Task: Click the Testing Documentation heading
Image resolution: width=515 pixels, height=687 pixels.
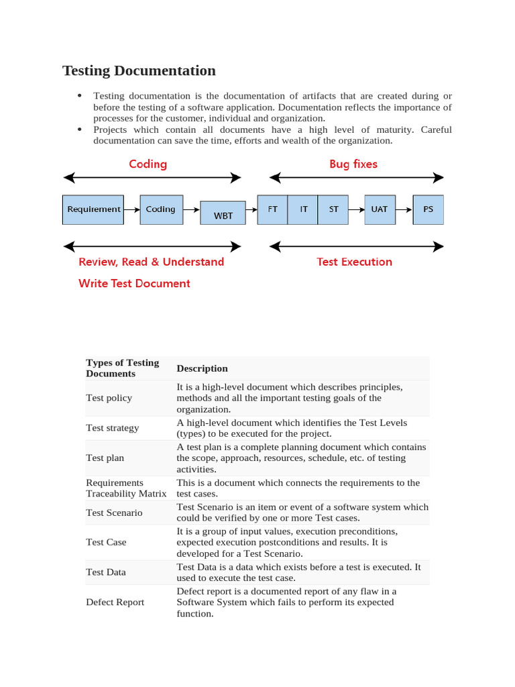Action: (139, 70)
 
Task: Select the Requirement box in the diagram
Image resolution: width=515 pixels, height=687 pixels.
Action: (94, 209)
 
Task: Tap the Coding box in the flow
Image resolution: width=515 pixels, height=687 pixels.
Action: (160, 209)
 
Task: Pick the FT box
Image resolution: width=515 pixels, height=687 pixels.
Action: (272, 209)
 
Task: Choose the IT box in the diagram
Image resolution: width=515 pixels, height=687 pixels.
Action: (303, 209)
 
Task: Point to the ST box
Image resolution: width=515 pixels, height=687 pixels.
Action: (333, 209)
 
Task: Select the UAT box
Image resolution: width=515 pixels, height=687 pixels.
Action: (379, 209)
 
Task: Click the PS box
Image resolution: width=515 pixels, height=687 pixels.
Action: (428, 209)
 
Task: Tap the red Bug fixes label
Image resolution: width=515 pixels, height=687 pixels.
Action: (353, 164)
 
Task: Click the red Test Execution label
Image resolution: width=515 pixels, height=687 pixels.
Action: (354, 262)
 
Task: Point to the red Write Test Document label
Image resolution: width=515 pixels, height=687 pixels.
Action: (134, 283)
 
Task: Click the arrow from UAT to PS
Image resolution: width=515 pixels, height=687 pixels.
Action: (404, 209)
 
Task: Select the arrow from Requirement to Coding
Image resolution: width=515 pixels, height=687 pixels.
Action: (131, 209)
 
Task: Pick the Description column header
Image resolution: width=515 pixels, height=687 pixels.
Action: (202, 368)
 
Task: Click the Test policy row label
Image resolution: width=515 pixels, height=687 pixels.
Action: (109, 398)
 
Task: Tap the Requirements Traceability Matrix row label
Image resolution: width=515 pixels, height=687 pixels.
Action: (126, 488)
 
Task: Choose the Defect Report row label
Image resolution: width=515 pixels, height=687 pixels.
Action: (115, 602)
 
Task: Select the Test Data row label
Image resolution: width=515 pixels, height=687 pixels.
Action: (105, 572)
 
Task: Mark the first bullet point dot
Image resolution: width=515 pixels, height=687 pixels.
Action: (80, 96)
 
